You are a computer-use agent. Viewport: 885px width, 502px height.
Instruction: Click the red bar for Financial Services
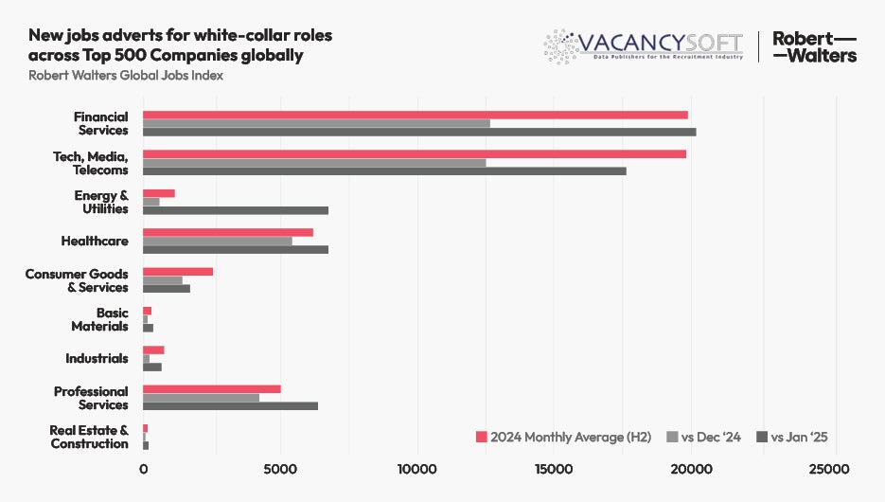(415, 115)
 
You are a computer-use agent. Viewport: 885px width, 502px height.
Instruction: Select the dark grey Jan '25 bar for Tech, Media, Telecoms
(384, 171)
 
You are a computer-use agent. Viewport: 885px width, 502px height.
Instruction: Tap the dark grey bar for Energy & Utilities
(236, 210)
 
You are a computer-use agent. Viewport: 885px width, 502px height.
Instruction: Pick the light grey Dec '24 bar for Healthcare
(218, 241)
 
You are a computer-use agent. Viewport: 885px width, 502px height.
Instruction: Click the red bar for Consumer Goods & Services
(178, 272)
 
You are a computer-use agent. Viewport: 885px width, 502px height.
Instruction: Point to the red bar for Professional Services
(212, 389)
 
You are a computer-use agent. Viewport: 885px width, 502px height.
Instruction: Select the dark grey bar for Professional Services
(230, 406)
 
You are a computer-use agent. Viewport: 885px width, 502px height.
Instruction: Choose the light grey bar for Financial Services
(316, 123)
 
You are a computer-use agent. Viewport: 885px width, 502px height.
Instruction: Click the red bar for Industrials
(153, 350)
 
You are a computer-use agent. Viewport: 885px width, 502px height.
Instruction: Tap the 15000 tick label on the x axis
(554, 470)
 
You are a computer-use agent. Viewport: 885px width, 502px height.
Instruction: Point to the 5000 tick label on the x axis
(280, 470)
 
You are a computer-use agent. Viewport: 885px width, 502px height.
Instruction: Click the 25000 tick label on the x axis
(828, 470)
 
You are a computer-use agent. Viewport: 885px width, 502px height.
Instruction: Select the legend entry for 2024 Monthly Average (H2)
(563, 437)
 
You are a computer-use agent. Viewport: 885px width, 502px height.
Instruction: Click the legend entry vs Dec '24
(704, 437)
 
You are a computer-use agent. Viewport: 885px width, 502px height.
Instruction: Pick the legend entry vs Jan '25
(791, 437)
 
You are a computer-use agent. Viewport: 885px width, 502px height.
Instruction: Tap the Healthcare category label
(94, 242)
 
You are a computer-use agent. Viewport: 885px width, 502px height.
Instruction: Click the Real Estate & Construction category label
(89, 437)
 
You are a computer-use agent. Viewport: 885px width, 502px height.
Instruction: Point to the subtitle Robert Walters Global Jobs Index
(126, 76)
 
